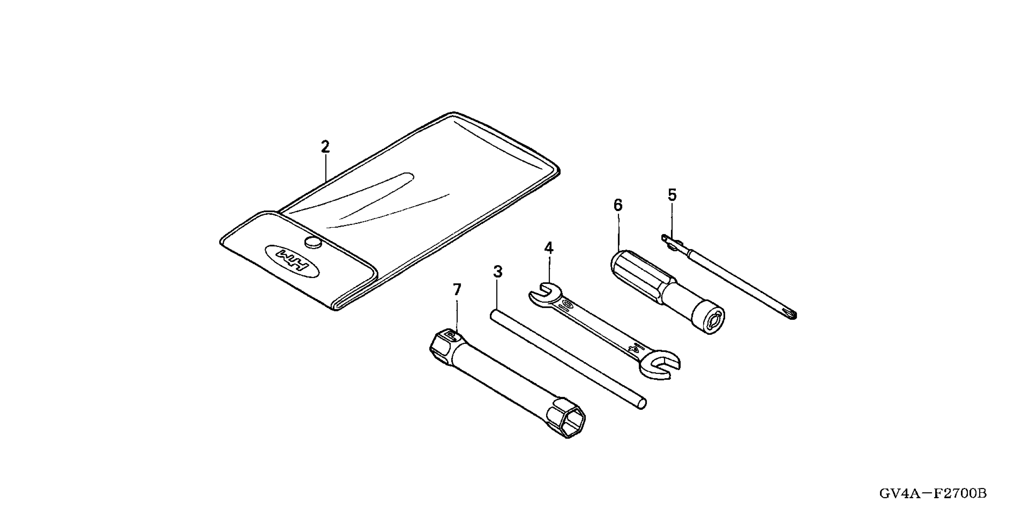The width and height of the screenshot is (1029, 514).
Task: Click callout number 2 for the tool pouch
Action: tap(325, 147)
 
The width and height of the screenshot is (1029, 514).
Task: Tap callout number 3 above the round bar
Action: tap(497, 272)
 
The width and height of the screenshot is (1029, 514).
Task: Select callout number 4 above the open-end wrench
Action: tap(549, 248)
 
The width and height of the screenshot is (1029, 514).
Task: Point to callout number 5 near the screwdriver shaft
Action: tap(672, 195)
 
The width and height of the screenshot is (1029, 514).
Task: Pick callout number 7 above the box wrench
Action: tap(457, 289)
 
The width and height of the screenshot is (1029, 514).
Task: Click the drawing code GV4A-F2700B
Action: tap(933, 494)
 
